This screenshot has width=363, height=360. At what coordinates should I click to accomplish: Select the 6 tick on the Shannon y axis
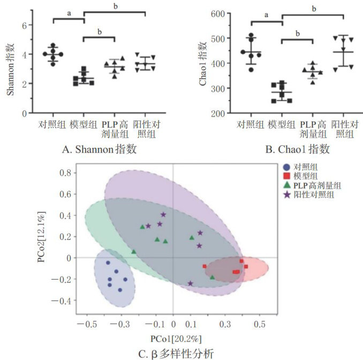pos(24,25)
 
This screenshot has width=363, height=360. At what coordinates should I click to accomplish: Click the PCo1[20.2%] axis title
pos(172,339)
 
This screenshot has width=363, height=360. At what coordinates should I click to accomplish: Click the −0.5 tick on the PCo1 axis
pos(87,325)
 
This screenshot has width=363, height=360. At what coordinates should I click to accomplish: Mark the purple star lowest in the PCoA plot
pos(190,283)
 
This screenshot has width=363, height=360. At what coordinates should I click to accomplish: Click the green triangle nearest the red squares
pos(212,277)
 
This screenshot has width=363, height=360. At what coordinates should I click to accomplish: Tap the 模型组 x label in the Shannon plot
pos(83,125)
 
